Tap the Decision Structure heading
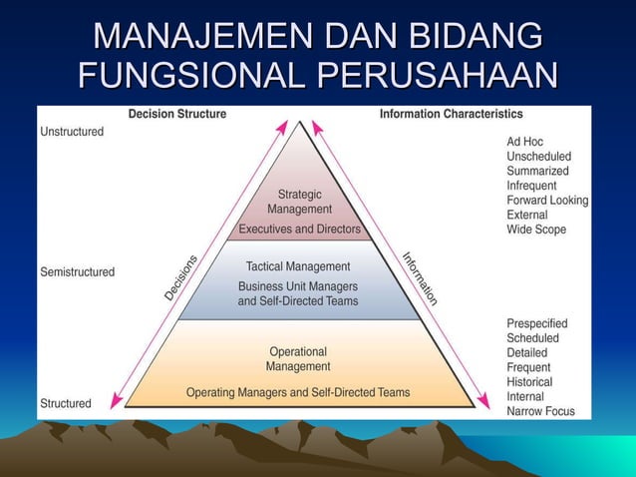[177, 114]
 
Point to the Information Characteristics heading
[452, 114]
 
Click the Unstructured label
[72, 134]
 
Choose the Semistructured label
[77, 271]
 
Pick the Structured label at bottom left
[65, 403]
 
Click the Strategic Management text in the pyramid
[299, 202]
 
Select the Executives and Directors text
[299, 230]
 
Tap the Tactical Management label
[298, 266]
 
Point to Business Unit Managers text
[297, 286]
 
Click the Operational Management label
[297, 358]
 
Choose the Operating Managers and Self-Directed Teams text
[298, 392]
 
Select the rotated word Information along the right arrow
[420, 277]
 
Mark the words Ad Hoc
[524, 142]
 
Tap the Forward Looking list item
[547, 200]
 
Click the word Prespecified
[536, 323]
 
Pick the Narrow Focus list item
[539, 410]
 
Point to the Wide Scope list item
[535, 229]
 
